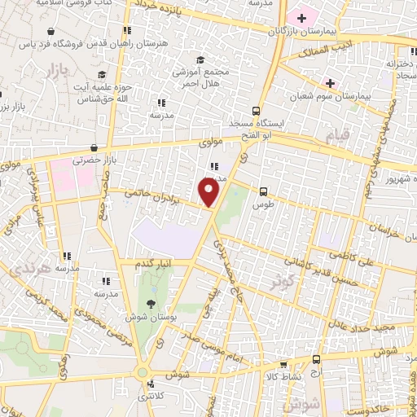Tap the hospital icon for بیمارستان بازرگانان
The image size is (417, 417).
tap(302, 17)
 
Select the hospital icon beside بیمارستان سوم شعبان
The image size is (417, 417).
tap(330, 82)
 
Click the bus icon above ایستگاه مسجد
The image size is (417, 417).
tap(257, 110)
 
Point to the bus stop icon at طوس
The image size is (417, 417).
tap(262, 191)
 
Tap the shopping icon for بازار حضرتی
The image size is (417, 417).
tap(95, 148)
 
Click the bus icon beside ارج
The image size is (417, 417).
tap(316, 359)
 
